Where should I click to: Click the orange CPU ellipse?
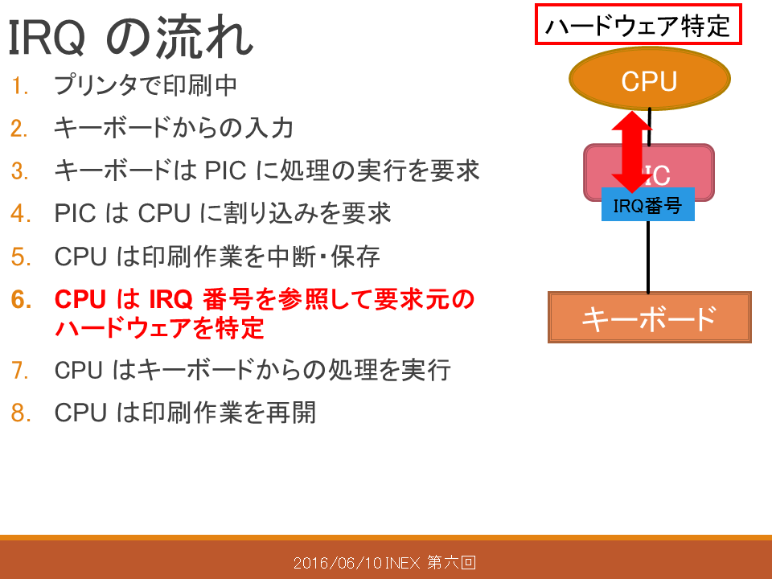click(650, 79)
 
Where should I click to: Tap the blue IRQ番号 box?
click(648, 204)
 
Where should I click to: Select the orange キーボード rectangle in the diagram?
click(650, 317)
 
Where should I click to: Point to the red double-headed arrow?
click(632, 152)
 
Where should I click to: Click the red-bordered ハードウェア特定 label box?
click(638, 25)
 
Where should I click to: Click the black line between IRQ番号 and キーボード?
click(648, 257)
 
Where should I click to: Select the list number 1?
click(19, 86)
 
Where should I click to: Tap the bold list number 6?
click(21, 300)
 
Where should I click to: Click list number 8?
click(21, 413)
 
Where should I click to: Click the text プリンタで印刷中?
click(146, 85)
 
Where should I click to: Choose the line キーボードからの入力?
click(174, 128)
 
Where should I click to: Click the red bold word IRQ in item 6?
click(170, 299)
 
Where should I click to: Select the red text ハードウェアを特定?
click(159, 328)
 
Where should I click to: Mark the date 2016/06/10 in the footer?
click(338, 563)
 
